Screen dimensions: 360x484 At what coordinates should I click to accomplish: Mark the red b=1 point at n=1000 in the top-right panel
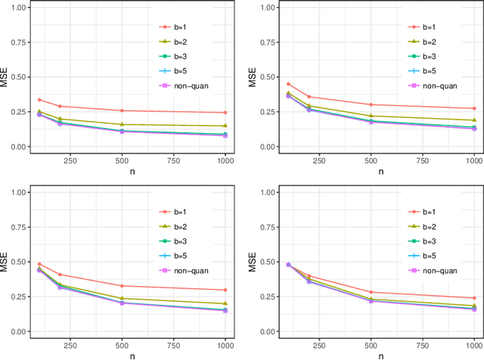coord(473,108)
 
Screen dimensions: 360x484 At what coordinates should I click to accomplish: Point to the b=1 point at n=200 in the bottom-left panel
coord(60,275)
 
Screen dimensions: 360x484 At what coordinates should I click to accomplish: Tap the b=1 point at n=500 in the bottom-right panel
coord(369,292)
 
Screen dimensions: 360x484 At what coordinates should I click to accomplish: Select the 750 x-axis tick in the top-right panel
coord(421,160)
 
